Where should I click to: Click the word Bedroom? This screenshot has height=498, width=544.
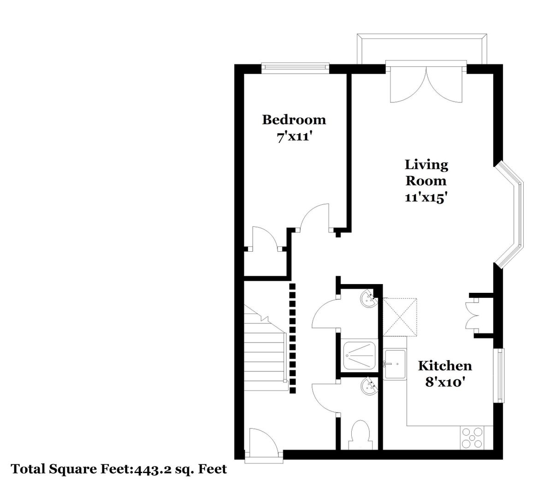294,120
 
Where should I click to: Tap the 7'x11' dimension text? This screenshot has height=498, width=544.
293,137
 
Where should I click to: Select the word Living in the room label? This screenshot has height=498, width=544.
426,165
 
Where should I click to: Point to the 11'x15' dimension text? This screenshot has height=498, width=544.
426,198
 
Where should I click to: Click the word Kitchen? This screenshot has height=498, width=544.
445,366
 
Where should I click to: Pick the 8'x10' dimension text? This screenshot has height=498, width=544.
445,382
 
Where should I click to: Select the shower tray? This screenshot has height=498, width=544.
360,356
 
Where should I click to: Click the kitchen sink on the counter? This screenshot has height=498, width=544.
395,364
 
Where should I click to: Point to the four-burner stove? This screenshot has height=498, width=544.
472,438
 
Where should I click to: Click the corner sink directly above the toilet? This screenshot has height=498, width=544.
369,386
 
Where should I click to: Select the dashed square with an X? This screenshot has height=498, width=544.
399,317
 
